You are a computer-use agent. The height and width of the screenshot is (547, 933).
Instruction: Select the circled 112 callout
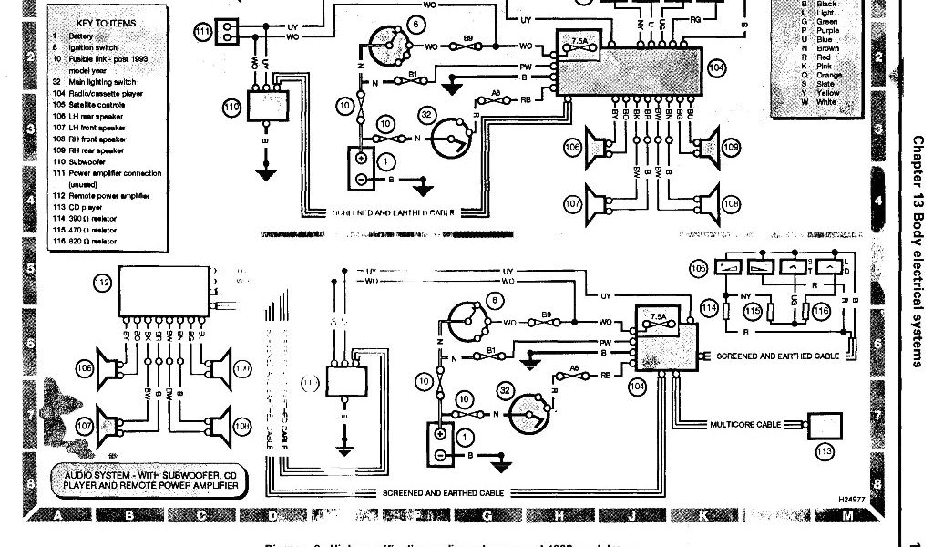[103, 283]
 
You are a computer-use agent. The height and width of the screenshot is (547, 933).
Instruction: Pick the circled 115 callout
[752, 311]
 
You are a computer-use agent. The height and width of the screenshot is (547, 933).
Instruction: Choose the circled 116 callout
[821, 311]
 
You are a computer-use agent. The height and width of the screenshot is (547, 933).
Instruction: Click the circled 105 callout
[699, 269]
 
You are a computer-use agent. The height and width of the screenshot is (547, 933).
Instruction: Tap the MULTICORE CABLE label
[744, 425]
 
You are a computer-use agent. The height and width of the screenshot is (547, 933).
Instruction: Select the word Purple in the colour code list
[829, 31]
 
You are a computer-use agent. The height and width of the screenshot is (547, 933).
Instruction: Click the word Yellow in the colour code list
[829, 93]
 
